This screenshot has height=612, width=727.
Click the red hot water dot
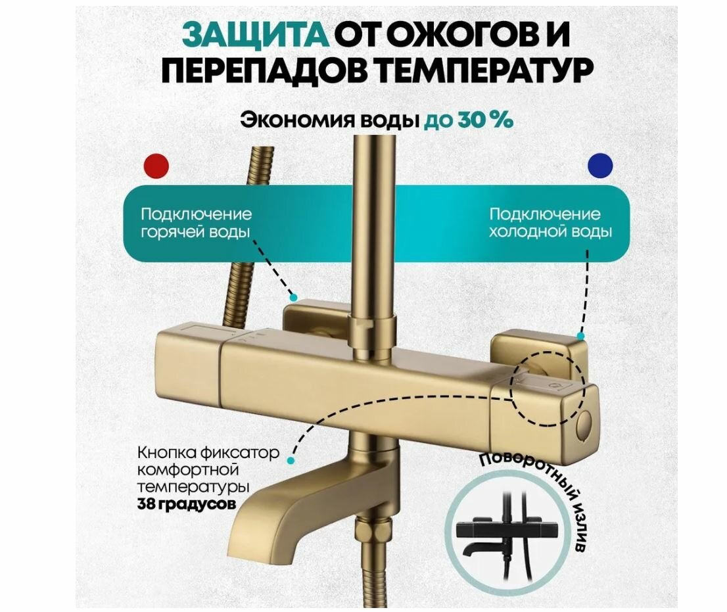pos(156,165)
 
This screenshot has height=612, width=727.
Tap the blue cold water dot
pos(600,165)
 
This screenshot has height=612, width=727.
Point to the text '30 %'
pos(486,120)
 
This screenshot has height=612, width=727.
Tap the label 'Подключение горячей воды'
pos(196,224)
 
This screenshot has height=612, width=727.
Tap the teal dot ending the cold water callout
pos(580,336)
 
